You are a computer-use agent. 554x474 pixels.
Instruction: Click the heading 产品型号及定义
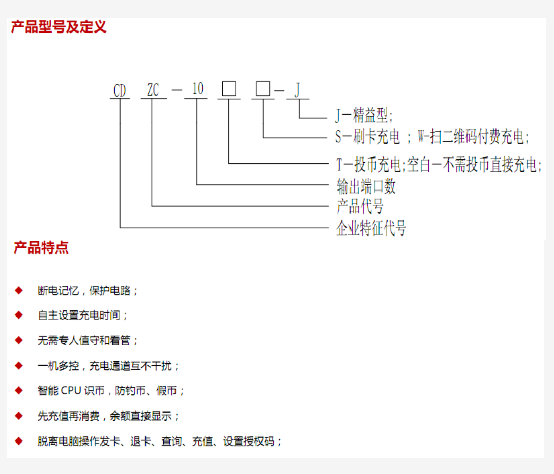[x=59, y=27]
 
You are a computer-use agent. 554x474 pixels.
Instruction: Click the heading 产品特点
[x=41, y=247]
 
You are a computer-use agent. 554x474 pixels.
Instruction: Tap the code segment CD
[x=120, y=90]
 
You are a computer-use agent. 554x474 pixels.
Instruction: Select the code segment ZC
[x=153, y=89]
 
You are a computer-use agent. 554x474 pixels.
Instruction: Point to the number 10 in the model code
[x=198, y=88]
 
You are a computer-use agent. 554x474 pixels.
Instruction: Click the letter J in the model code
[x=298, y=89]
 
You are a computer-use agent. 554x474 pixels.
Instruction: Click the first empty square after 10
[x=229, y=88]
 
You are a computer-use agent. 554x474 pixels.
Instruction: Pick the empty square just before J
[x=263, y=88]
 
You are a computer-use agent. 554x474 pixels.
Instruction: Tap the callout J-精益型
[x=364, y=115]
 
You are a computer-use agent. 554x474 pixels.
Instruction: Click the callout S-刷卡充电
[x=367, y=136]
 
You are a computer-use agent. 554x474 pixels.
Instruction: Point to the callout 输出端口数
[x=366, y=186]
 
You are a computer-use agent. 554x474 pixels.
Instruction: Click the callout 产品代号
[x=360, y=206]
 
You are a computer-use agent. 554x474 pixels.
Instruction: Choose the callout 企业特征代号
[x=371, y=228]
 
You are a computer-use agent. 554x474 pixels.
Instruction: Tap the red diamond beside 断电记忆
[x=19, y=291]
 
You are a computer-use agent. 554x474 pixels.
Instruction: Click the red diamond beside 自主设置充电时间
[x=19, y=315]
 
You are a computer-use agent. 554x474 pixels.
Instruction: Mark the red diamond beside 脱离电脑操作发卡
[x=19, y=441]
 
